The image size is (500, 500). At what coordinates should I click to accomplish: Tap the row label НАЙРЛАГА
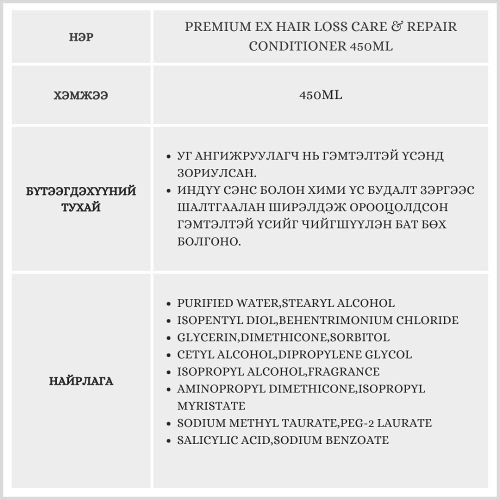(x=81, y=381)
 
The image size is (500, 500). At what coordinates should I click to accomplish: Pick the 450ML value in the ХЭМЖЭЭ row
(x=320, y=95)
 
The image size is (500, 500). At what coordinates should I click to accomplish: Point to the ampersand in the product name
(x=398, y=26)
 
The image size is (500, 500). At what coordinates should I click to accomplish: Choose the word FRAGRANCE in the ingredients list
(x=344, y=372)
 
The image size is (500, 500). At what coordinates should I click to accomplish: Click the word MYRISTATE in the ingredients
(x=210, y=405)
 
